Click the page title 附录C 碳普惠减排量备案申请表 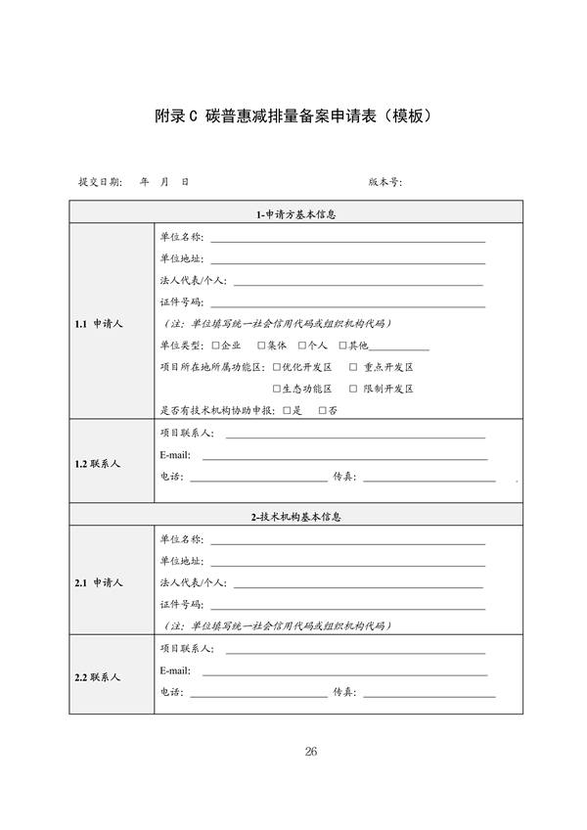coord(293,115)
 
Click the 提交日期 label coord(100,182)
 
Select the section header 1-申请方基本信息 coord(294,214)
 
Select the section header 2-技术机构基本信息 coord(294,515)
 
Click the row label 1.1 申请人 coord(99,323)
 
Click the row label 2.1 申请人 coord(99,582)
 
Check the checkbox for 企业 coord(215,346)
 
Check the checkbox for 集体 coord(261,346)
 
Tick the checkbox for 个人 coord(302,346)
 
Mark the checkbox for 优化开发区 coord(277,367)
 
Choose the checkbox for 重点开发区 coord(353,367)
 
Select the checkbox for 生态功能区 coord(277,389)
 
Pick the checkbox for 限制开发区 coord(353,389)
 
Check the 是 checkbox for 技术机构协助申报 coord(287,410)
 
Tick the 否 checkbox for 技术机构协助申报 coord(323,410)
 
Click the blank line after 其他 coord(399,347)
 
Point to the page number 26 coord(311,752)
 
